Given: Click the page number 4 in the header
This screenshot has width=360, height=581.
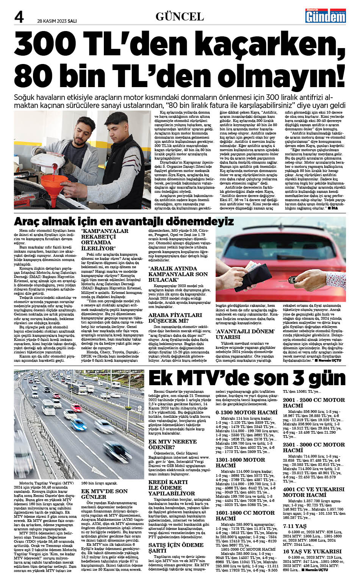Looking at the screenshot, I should coord(19,17).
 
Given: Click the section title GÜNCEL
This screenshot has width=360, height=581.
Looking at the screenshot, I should coord(180,16).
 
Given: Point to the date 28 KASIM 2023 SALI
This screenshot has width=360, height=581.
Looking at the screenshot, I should coord(57,21).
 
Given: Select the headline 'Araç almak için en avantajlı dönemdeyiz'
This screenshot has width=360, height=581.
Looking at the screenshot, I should coord(124,221).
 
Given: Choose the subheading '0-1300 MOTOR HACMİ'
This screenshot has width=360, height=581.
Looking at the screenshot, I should coord(246,412).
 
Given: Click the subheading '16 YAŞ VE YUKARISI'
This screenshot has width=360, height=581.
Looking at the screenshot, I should coord(312,551).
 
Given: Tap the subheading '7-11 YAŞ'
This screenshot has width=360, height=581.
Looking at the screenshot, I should coord(294,526).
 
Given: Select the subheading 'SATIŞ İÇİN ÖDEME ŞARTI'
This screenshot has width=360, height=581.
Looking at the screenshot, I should coord(176,547).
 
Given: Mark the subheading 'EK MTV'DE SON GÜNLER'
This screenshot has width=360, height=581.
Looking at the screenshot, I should coord(104,494).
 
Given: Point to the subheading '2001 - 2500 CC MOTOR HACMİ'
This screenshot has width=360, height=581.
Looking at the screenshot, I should coord(314,403).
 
